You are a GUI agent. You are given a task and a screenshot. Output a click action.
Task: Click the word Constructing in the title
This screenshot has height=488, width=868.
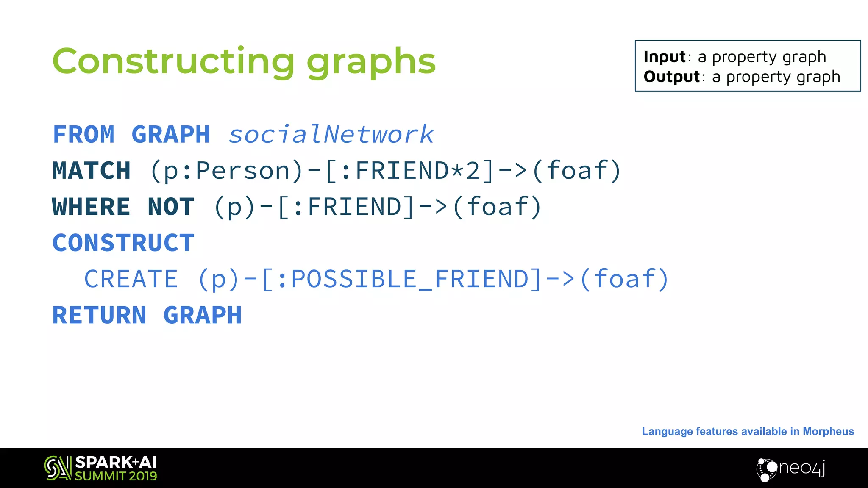pyautogui.click(x=173, y=61)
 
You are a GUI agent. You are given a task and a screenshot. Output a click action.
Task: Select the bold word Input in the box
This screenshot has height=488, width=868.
pyautogui.click(x=664, y=57)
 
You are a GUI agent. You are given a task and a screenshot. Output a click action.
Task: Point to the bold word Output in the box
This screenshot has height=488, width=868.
pyautogui.click(x=671, y=77)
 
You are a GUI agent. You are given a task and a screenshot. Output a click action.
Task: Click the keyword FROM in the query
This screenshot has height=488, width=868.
pyautogui.click(x=83, y=135)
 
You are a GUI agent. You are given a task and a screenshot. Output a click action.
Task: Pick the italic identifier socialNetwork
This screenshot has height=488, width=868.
pyautogui.click(x=331, y=135)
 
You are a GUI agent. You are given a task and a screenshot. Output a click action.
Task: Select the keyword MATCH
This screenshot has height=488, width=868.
pyautogui.click(x=91, y=171)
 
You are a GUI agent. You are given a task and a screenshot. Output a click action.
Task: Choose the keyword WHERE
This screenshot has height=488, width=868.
pyautogui.click(x=91, y=207)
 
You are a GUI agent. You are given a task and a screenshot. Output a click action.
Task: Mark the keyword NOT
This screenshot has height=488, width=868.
pyautogui.click(x=171, y=207)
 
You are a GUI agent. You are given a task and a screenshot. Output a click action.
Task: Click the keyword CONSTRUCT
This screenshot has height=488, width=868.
pyautogui.click(x=123, y=243)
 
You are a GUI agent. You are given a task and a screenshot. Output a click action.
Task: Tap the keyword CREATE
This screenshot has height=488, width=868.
pyautogui.click(x=131, y=279)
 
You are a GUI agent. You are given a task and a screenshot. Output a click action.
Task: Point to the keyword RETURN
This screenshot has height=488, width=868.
pyautogui.click(x=99, y=315)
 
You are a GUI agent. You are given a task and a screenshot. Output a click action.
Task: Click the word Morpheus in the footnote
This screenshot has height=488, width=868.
pyautogui.click(x=828, y=431)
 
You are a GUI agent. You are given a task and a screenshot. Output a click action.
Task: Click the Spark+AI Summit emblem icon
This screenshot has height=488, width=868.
pyautogui.click(x=57, y=468)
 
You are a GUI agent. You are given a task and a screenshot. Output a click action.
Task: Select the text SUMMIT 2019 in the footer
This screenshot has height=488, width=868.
pyautogui.click(x=116, y=476)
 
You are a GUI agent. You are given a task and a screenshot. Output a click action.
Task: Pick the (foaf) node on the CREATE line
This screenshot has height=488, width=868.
pyautogui.click(x=625, y=279)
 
